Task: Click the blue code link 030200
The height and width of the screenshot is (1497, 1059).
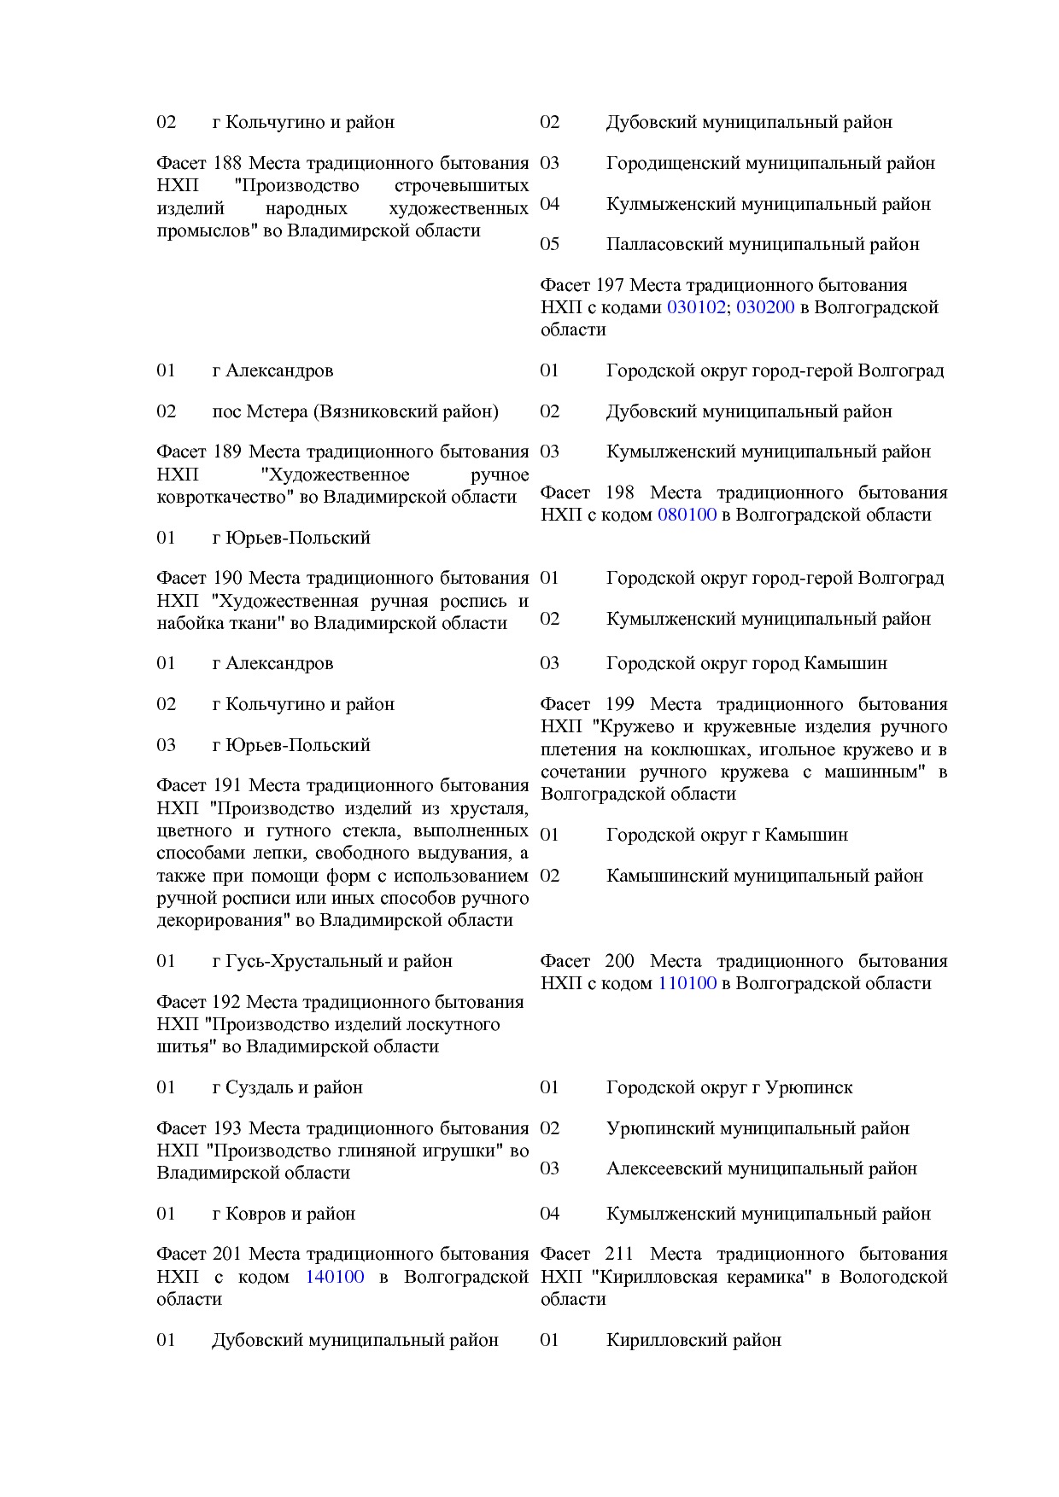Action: click(x=765, y=307)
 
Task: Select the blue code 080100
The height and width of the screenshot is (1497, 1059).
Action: click(x=687, y=515)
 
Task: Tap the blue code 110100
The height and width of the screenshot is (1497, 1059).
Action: click(x=687, y=983)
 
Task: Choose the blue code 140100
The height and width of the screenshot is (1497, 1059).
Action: click(x=335, y=1277)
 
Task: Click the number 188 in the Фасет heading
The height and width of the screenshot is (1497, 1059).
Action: click(x=227, y=163)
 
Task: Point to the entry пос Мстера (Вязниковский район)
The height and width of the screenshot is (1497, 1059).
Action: click(x=355, y=411)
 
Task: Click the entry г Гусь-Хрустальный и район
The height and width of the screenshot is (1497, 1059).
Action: click(x=332, y=961)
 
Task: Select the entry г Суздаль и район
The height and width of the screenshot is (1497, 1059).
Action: click(x=288, y=1087)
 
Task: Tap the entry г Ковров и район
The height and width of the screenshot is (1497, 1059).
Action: click(x=284, y=1214)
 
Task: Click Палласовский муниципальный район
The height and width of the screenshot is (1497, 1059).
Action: click(x=763, y=244)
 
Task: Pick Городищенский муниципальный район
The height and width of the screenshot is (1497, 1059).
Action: click(x=770, y=163)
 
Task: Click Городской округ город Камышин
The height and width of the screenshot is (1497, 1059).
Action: click(x=746, y=663)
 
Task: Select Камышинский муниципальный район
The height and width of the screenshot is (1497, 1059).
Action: click(x=764, y=876)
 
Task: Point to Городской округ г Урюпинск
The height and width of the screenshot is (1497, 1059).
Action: click(x=729, y=1087)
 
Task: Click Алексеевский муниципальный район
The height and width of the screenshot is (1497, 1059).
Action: click(x=762, y=1168)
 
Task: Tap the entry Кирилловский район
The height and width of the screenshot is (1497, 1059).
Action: click(x=693, y=1340)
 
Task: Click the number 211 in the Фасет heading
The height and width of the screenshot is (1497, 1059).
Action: click(x=618, y=1254)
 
